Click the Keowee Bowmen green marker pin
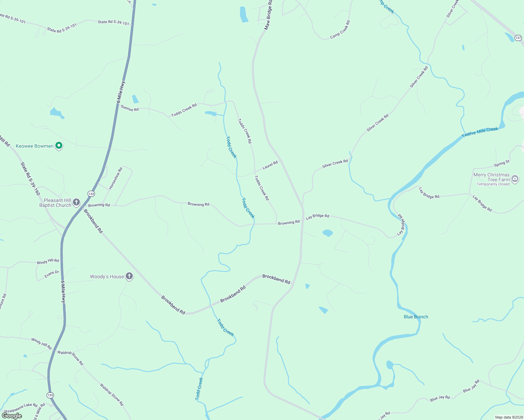(59, 146)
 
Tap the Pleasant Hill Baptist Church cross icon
(76, 202)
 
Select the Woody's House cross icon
(129, 276)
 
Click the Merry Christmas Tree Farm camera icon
(515, 179)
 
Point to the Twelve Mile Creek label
(480, 132)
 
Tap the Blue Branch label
(416, 317)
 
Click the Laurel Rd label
(270, 165)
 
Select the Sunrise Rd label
(130, 108)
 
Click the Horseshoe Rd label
(116, 178)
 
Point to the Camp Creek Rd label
(340, 30)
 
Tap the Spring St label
(502, 164)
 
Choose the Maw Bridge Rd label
(268, 15)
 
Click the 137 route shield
(518, 38)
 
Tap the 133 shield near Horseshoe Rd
(91, 194)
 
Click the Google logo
(12, 416)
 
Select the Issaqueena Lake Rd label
(21, 407)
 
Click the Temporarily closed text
(493, 184)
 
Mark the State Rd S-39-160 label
(30, 178)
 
